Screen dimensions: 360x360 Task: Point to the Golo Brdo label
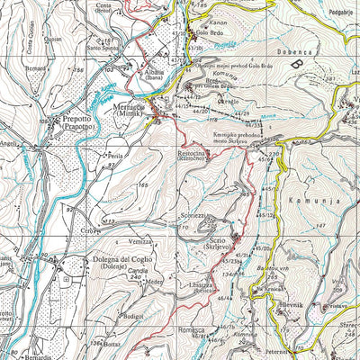pyautogui.click(x=208, y=31)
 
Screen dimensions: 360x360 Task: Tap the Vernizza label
pyautogui.click(x=140, y=243)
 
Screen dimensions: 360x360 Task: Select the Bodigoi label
pyautogui.click(x=133, y=316)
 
